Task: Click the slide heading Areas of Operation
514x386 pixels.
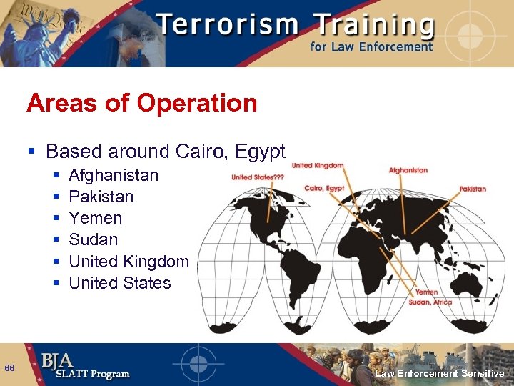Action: (x=141, y=103)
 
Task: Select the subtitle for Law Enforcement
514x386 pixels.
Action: (x=371, y=47)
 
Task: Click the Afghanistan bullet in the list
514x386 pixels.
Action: (x=114, y=175)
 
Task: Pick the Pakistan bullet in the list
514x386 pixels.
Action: (x=101, y=197)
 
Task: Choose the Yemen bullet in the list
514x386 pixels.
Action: (x=95, y=218)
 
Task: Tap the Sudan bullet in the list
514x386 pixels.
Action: (x=93, y=239)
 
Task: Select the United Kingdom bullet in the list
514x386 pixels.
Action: (x=128, y=262)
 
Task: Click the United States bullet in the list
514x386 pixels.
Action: (x=119, y=283)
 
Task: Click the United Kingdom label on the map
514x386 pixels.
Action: (x=317, y=165)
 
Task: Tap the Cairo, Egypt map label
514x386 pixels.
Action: (x=324, y=188)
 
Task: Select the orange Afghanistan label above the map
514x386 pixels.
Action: (x=408, y=170)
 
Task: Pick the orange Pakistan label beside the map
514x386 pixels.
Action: (x=473, y=189)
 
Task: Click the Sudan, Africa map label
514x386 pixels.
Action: (x=430, y=302)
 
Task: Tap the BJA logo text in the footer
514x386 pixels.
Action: (x=61, y=360)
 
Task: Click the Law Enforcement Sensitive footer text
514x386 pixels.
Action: (x=440, y=374)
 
